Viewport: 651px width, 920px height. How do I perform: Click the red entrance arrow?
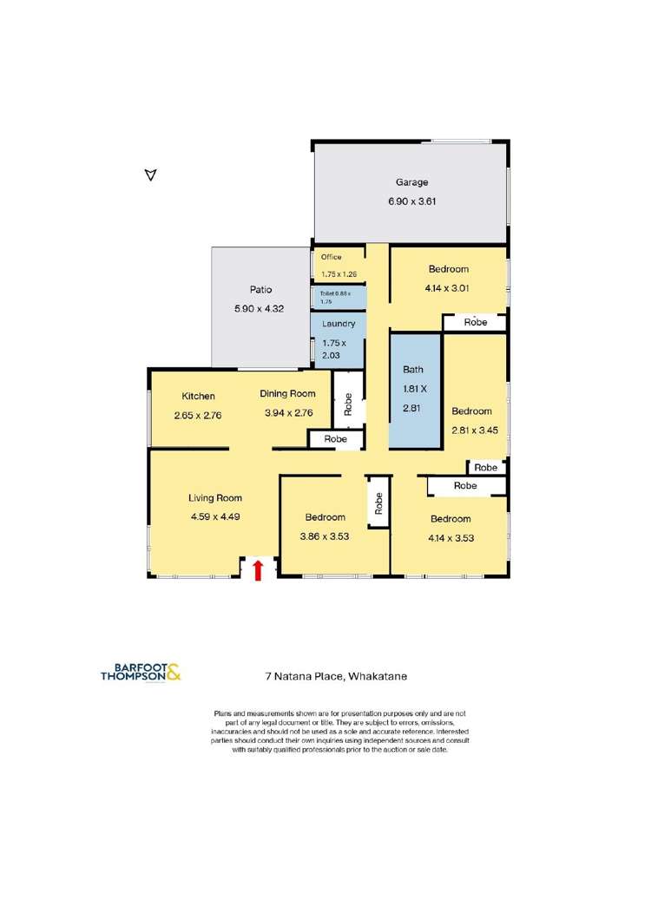pos(257,569)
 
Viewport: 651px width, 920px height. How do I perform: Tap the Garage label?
pos(411,182)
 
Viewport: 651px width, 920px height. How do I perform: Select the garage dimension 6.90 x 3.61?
pos(411,201)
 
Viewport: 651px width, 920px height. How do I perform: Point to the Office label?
pos(332,257)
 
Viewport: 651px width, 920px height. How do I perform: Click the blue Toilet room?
pos(339,298)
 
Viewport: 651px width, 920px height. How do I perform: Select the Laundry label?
pos(338,324)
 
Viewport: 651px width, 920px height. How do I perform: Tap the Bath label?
pos(412,370)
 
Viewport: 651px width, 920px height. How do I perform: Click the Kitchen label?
pos(198,397)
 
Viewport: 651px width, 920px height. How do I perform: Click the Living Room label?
pos(215,498)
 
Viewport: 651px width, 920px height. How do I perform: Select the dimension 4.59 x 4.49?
pos(215,516)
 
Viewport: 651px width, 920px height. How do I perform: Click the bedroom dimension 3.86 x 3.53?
pos(324,536)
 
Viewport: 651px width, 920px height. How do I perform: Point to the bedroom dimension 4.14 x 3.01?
pos(447,288)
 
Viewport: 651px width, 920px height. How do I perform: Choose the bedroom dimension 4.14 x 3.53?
pos(450,537)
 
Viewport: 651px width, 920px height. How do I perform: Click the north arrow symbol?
pos(150,175)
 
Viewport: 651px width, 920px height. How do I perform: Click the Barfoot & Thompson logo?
pos(141,672)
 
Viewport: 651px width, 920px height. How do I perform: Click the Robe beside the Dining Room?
pos(348,405)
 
